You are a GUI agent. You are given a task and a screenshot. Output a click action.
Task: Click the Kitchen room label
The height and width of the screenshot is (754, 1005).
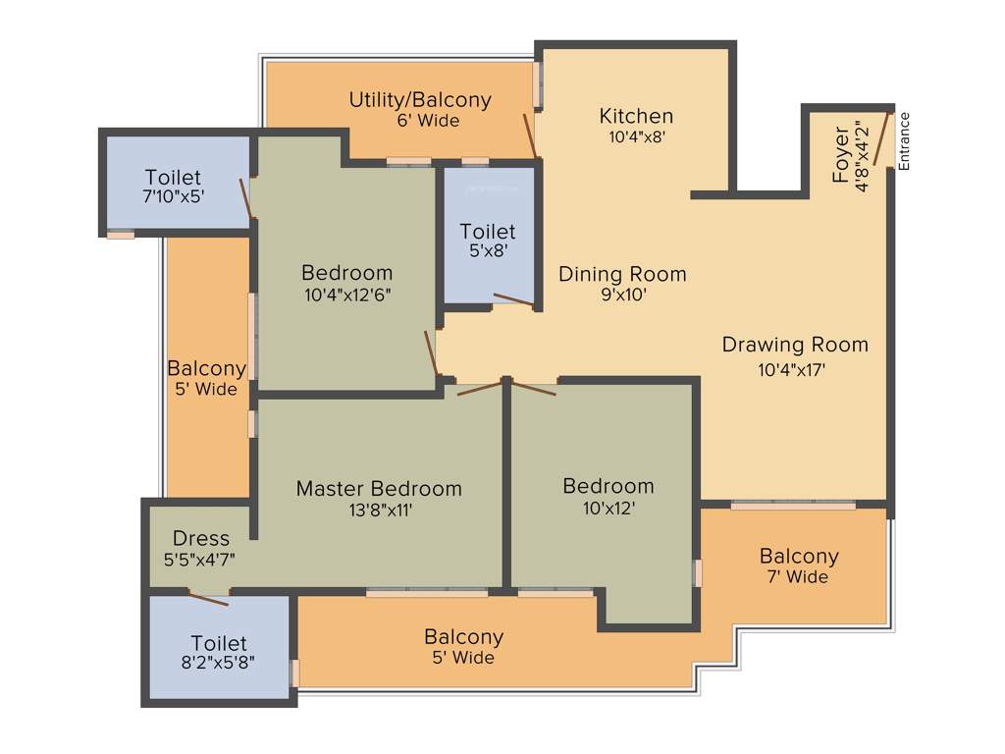636,116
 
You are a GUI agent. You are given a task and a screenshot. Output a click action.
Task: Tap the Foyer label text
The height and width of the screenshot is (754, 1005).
841,155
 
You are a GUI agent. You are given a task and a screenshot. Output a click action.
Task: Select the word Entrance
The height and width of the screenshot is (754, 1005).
904,141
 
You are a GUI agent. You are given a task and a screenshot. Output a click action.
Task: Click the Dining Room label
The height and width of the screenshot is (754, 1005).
622,274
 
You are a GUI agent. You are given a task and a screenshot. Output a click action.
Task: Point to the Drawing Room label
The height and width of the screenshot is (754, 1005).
795,345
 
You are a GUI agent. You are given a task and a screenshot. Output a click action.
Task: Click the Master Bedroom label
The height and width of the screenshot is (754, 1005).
379,488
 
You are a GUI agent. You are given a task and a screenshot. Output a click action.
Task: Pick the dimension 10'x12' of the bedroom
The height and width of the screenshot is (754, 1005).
608,509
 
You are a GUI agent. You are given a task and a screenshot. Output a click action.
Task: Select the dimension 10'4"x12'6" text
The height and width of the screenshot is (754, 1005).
346,295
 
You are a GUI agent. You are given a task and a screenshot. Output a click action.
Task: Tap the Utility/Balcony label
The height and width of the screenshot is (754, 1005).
420,100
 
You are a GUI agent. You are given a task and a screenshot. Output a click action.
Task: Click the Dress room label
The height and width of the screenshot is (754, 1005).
200,538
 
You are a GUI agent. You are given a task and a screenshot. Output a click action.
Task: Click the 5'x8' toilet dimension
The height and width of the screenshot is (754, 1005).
488,250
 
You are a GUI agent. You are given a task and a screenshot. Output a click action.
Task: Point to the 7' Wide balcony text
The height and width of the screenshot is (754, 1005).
798,577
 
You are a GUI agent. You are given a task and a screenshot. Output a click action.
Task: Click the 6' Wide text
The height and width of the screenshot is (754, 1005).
421,121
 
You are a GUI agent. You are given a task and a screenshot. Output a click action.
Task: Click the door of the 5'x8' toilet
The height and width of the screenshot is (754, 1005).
514,300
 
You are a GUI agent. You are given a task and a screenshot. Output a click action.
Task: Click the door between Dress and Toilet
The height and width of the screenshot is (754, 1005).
209,599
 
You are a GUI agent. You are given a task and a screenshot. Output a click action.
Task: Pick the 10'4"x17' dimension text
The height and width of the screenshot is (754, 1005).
791,370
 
